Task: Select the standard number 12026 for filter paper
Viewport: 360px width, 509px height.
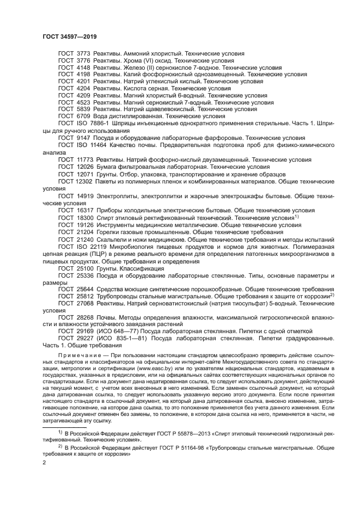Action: [x=82, y=167]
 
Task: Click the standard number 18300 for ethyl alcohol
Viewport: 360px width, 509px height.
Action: [x=82, y=217]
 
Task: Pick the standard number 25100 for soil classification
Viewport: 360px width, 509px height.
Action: [x=82, y=268]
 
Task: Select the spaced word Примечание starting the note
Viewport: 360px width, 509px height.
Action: [x=79, y=353]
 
